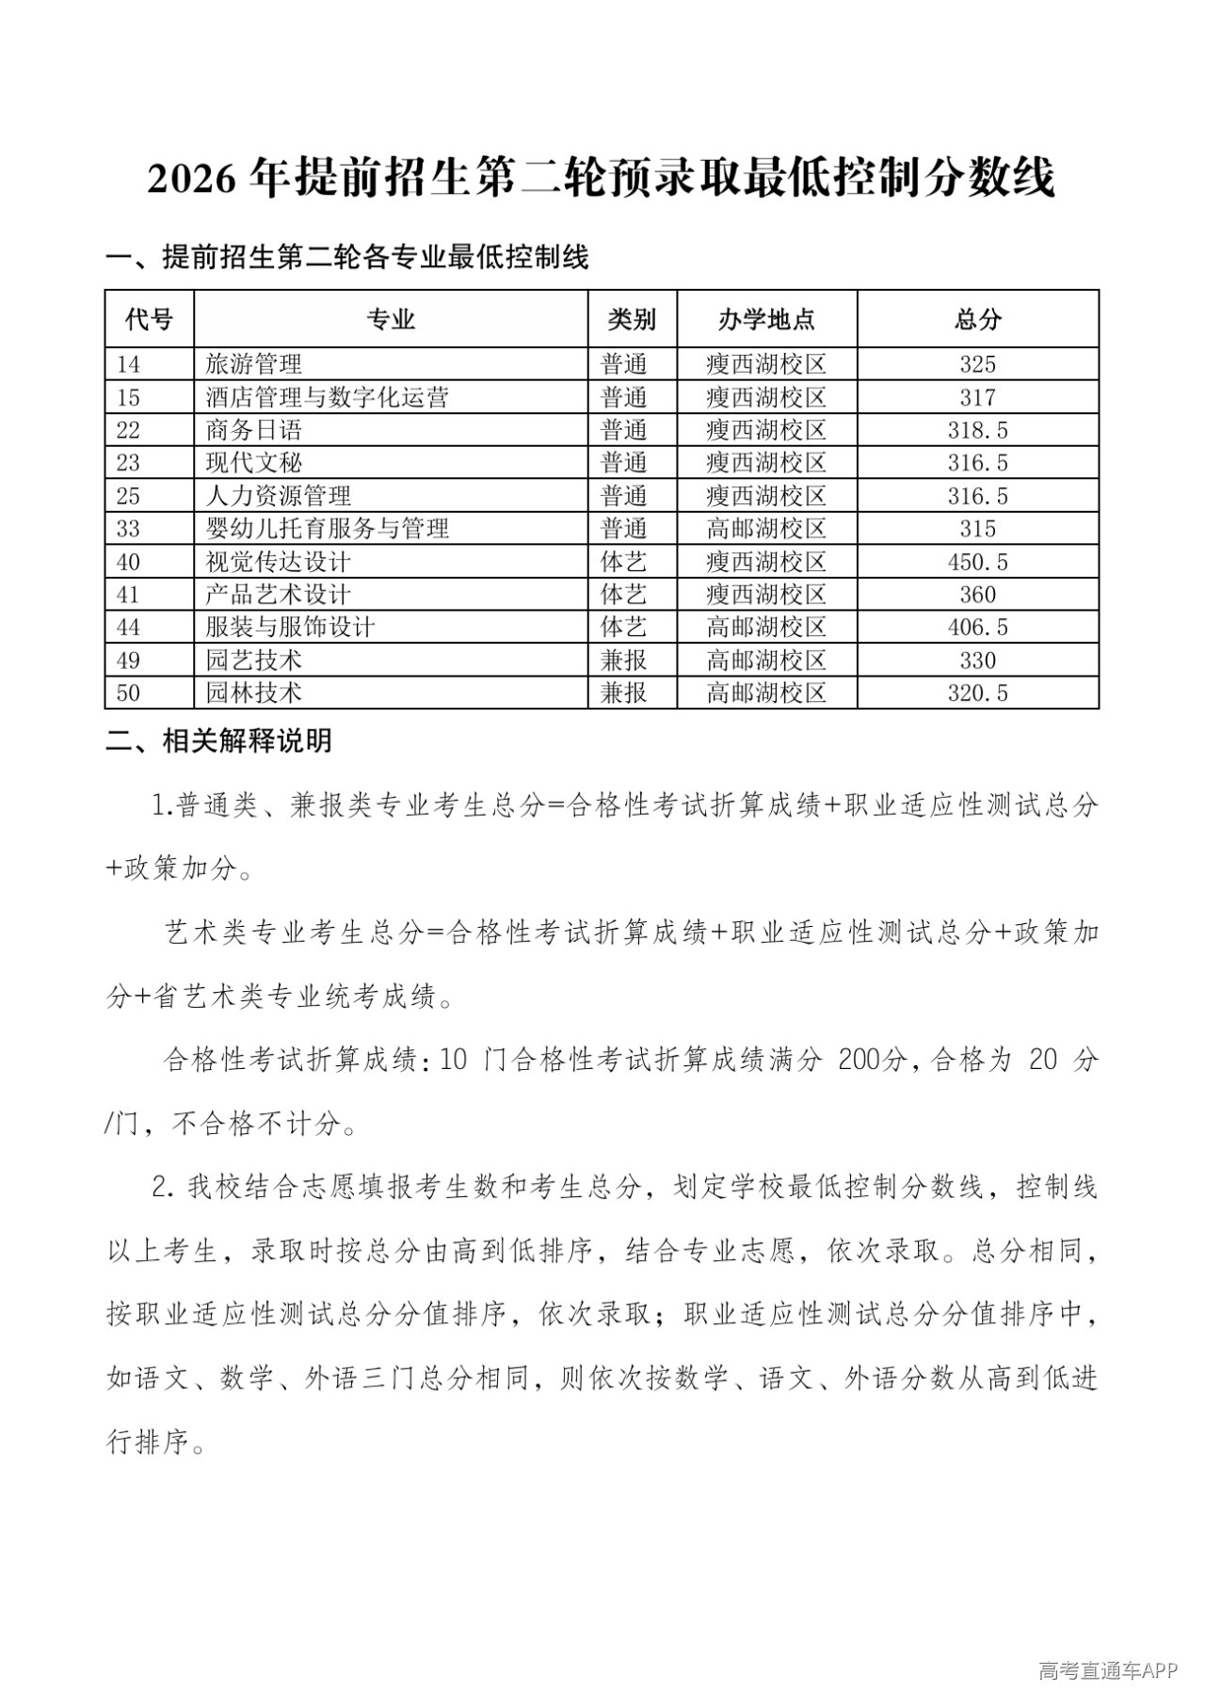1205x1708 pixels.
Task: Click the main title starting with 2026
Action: tap(602, 178)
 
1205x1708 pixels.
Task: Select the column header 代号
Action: tap(149, 320)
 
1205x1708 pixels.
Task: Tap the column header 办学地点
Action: tap(766, 320)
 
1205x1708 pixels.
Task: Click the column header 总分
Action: tap(977, 320)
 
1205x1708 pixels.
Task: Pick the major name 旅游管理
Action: tap(254, 364)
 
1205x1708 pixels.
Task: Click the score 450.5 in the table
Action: tap(977, 562)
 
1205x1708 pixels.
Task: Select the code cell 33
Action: tap(128, 529)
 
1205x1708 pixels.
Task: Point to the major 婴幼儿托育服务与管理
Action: tap(328, 529)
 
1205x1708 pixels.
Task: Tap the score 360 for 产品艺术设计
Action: tap(977, 595)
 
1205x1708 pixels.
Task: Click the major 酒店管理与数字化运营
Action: tap(328, 397)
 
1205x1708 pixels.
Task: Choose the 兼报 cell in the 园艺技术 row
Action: tap(624, 661)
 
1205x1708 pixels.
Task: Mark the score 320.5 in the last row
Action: tap(977, 694)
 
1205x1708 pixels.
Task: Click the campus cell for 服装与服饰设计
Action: tap(766, 628)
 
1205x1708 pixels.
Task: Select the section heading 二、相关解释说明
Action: tap(218, 742)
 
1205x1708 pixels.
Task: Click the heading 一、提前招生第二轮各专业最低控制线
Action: tap(347, 257)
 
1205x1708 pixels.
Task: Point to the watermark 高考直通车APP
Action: tap(1108, 1670)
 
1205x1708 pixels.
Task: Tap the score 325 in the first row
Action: tap(977, 364)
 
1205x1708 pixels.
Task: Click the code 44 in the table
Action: tap(128, 628)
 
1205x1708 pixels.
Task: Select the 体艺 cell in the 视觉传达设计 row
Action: tap(624, 562)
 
